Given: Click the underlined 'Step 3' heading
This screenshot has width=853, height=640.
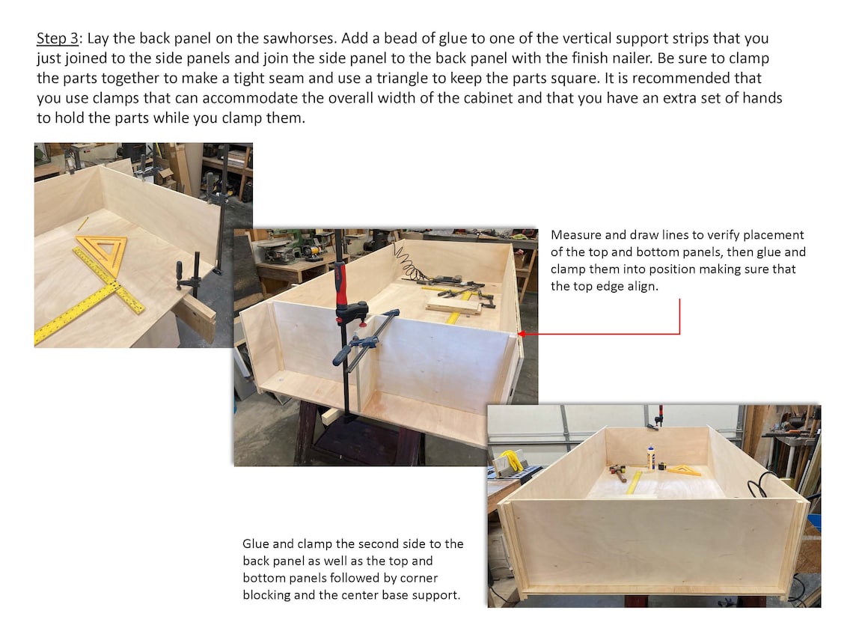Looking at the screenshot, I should (x=57, y=38).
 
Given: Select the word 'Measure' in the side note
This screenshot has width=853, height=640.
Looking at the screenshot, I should (x=574, y=235).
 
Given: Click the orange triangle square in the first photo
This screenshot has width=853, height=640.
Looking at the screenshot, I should (x=104, y=253).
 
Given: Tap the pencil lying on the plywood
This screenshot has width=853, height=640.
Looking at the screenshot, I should (x=82, y=224).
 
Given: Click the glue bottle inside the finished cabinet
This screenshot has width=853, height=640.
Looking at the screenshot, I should (x=651, y=457).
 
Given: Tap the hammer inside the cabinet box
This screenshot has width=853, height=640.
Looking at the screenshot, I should (x=618, y=472).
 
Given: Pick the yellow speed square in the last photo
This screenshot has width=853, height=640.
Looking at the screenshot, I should (x=685, y=470).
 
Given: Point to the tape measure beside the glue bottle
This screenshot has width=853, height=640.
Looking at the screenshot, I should (x=662, y=466).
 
